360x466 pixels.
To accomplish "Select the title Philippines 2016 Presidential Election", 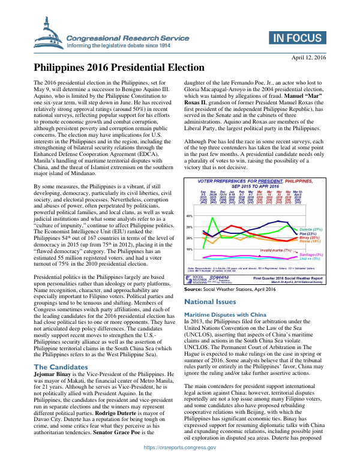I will coord(119,68).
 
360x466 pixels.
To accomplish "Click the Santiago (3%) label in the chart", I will coord(311,255).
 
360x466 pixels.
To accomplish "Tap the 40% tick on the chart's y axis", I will coord(189,215).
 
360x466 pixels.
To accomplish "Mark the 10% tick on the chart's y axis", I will coord(189,249).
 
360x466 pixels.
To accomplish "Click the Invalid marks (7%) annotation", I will coord(275,250).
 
